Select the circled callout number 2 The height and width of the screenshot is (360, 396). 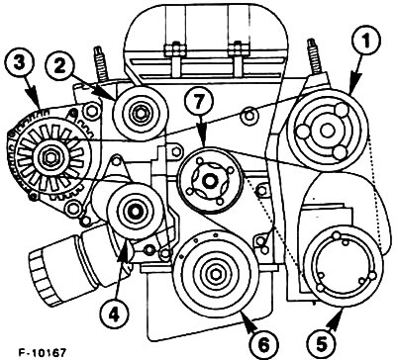click(x=59, y=66)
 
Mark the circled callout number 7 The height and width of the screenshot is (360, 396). click(x=199, y=103)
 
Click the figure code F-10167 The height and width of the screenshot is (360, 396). click(x=43, y=352)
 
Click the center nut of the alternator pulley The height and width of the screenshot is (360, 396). click(x=49, y=157)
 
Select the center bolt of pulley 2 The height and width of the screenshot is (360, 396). click(x=140, y=113)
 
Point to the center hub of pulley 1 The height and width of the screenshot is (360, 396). click(x=327, y=131)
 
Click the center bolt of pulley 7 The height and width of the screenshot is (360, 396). click(x=209, y=181)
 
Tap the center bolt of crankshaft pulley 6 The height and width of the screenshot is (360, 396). click(x=215, y=273)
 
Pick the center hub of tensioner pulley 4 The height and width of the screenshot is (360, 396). click(x=135, y=211)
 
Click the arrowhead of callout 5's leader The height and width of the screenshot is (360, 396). click(x=337, y=315)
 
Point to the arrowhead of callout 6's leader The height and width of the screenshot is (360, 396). click(x=246, y=316)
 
